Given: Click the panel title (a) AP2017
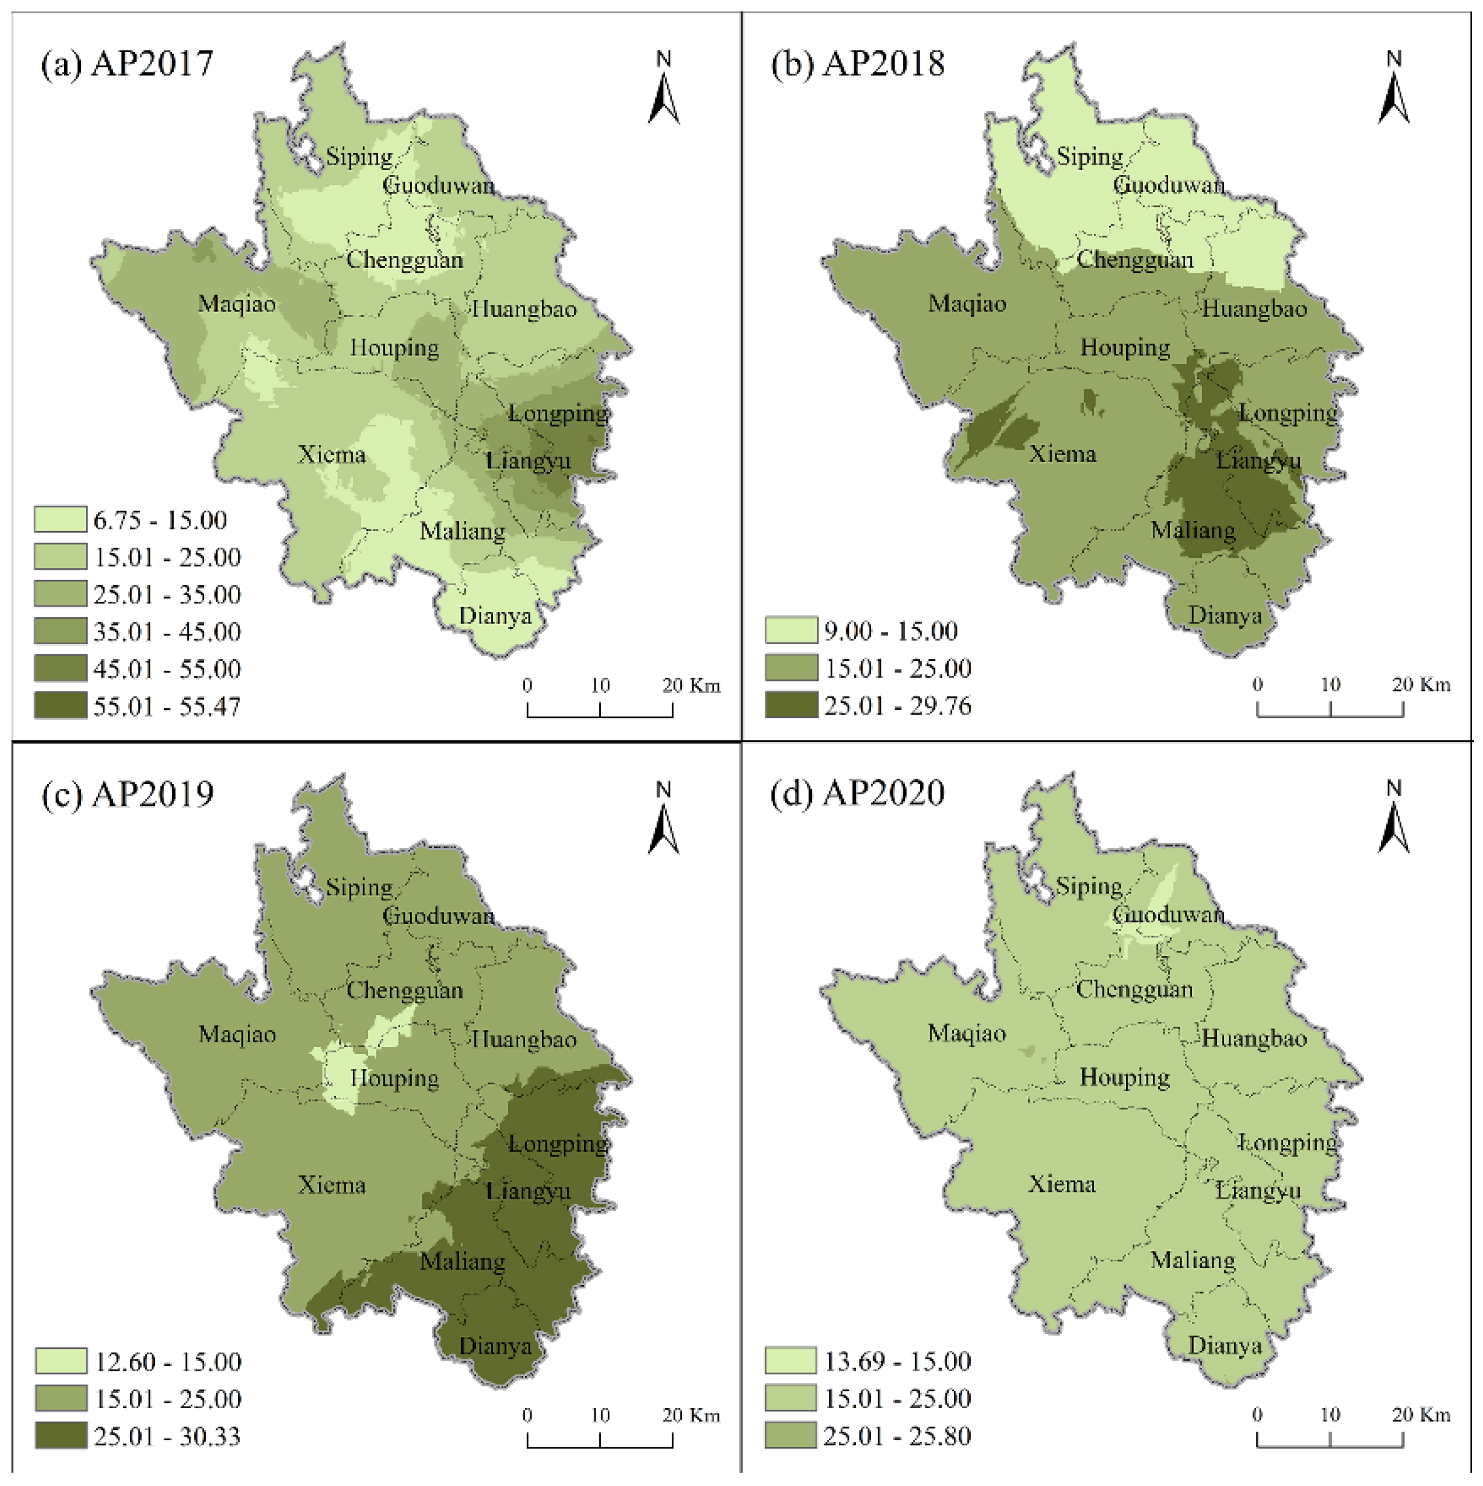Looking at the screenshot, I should (127, 63).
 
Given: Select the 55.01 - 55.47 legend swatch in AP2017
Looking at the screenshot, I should (60, 706).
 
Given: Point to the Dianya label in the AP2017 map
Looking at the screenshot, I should (495, 616).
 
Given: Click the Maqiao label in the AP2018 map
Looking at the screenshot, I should (967, 303).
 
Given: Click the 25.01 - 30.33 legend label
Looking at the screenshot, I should (167, 1436).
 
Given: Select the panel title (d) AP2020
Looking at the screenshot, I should (857, 793).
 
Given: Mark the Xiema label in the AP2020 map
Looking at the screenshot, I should (1062, 1184).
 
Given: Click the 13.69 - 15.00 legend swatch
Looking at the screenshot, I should (790, 1360).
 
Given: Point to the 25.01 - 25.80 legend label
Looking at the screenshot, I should (897, 1435).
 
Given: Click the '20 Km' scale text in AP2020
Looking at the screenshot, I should (1421, 1414).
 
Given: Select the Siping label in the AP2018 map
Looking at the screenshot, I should (1090, 156).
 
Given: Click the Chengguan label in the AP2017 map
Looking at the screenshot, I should (405, 260).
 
